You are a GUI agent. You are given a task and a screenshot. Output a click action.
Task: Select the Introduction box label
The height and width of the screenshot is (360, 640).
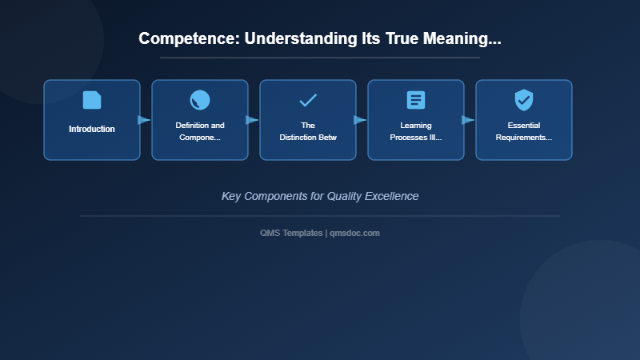(x=92, y=129)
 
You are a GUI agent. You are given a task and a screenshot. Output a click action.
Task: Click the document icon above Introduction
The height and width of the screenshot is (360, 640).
(x=92, y=100)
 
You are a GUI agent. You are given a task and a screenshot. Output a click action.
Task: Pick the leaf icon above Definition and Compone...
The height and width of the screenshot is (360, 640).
(x=200, y=100)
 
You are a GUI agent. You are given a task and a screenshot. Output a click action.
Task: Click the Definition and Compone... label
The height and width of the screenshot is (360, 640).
(x=200, y=131)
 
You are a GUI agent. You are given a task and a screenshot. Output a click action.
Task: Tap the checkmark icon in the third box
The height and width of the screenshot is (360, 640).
(x=308, y=100)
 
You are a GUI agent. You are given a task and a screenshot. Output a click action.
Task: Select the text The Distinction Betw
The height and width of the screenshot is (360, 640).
(x=308, y=131)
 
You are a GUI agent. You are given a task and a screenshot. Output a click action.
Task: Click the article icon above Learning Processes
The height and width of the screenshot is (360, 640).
(x=416, y=100)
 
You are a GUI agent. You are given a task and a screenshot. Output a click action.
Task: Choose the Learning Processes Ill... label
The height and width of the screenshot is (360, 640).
(x=416, y=131)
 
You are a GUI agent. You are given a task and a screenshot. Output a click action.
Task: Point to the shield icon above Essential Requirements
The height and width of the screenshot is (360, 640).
(x=524, y=100)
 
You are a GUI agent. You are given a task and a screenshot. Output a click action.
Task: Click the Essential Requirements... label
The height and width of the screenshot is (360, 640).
(x=524, y=131)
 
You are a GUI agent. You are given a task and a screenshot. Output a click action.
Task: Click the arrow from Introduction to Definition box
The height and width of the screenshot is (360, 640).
(x=144, y=120)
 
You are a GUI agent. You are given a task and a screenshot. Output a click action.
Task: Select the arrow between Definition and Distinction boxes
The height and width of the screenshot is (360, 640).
(x=252, y=120)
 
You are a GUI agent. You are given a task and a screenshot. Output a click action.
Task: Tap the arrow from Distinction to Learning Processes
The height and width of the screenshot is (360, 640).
(x=360, y=120)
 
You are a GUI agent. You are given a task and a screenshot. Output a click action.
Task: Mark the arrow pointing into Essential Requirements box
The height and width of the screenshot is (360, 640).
(x=468, y=120)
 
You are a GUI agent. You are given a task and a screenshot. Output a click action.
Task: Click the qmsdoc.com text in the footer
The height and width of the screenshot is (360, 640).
(x=354, y=233)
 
